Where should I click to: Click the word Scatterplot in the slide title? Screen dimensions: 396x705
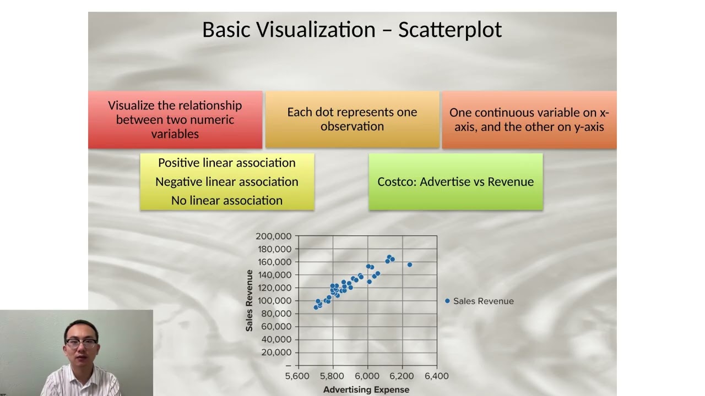[450, 30]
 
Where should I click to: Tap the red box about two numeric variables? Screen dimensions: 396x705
[175, 119]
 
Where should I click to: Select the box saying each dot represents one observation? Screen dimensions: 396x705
[352, 119]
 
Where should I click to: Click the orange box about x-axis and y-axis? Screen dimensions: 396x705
[529, 119]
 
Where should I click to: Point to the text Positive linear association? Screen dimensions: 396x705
[227, 163]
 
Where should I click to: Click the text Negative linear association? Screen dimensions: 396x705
[227, 182]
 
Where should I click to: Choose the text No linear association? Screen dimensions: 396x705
[227, 201]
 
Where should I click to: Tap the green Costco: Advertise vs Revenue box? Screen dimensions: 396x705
[455, 182]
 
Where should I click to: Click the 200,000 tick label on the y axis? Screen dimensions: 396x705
[273, 236]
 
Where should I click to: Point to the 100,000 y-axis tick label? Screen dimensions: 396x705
[273, 300]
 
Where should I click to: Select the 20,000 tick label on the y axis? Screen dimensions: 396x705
[276, 353]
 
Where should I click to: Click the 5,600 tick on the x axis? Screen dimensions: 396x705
[297, 376]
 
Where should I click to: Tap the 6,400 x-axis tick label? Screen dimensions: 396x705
[437, 376]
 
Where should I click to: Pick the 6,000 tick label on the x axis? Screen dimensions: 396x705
[367, 376]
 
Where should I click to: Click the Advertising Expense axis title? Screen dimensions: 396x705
[366, 389]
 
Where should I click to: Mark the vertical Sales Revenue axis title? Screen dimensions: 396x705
[250, 300]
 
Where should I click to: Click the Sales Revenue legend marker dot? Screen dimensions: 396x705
[447, 301]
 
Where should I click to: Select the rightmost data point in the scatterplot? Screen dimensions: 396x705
[410, 265]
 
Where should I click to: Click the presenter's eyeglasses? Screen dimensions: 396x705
[81, 342]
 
